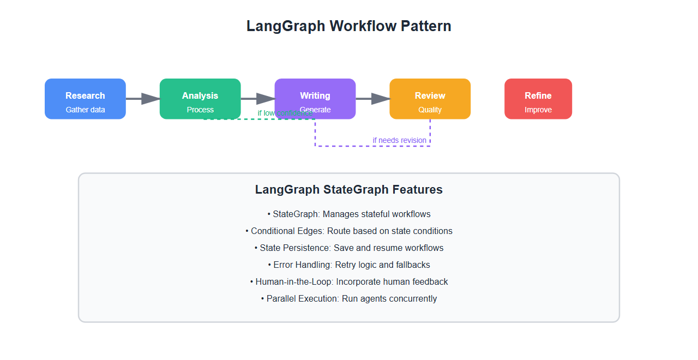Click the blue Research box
[x=85, y=99]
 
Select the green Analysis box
[x=200, y=99]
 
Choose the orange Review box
[x=430, y=99]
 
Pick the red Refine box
[x=538, y=99]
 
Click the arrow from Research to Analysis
[x=143, y=99]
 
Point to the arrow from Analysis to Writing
[x=258, y=99]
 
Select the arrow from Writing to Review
[x=373, y=99]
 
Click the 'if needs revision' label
[x=400, y=140]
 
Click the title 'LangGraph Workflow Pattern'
[x=349, y=26]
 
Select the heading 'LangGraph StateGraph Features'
[x=349, y=190]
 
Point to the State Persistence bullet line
[x=349, y=248]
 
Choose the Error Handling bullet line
[x=349, y=265]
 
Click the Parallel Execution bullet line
[x=349, y=299]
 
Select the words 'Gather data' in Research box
[x=85, y=110]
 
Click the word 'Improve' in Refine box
[x=538, y=110]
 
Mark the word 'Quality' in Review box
[x=430, y=110]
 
